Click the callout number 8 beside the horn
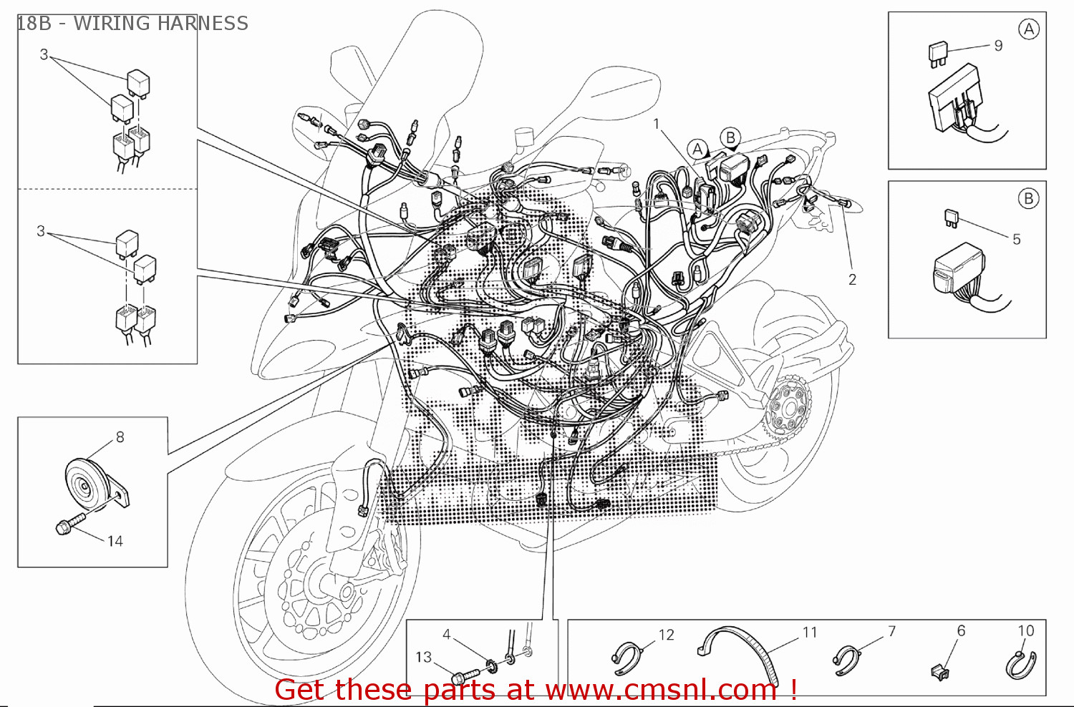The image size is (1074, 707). (120, 437)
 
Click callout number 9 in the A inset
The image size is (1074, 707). (998, 46)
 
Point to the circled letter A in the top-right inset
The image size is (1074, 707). (1028, 29)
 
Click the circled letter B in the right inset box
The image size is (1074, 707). (1028, 199)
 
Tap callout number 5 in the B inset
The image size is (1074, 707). (1016, 239)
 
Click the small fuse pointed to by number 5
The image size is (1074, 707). (951, 217)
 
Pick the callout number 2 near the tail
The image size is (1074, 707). (852, 280)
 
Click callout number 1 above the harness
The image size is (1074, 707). (656, 124)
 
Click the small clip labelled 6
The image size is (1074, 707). (940, 671)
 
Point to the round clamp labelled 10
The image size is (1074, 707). (1021, 663)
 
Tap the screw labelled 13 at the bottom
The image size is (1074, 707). (465, 673)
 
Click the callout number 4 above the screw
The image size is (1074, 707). (446, 634)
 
